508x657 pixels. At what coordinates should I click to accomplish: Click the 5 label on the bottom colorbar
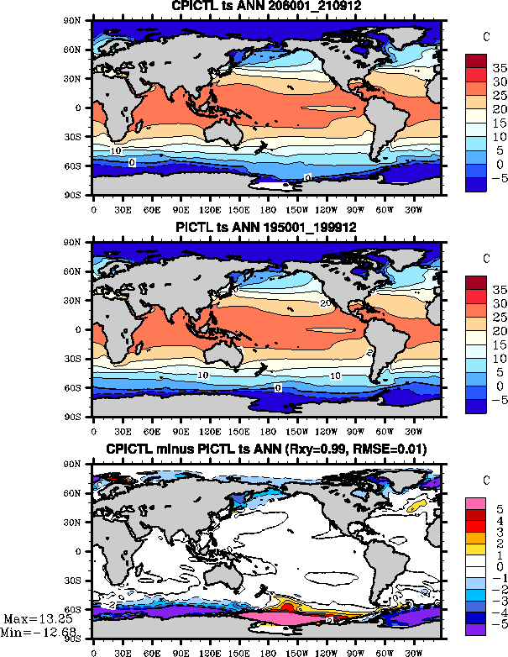[496, 510]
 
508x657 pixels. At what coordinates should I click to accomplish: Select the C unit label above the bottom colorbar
[486, 481]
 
